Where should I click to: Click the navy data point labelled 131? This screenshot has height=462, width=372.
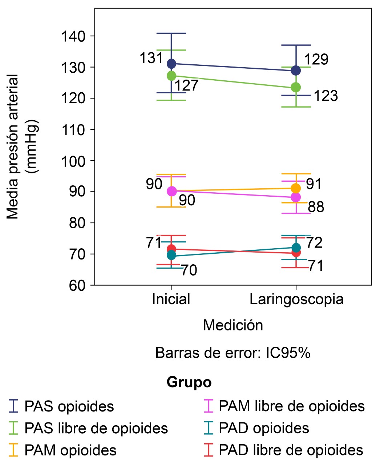pos(171,64)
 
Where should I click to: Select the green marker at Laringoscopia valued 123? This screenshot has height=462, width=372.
pos(296,87)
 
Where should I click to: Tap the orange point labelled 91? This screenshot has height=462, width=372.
pos(296,188)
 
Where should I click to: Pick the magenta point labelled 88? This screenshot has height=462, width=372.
pos(296,197)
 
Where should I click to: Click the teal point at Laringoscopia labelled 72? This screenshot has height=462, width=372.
pos(296,248)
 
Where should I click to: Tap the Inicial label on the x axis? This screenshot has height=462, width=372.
pos(171,299)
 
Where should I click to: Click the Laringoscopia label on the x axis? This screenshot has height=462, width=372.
pos(296,299)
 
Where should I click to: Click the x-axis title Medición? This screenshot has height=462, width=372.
pos(233,325)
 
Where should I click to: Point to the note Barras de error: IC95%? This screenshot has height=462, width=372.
pos(233,353)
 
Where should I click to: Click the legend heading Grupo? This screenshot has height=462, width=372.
pos(189,382)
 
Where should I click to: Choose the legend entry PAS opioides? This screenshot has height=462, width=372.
pos(69,406)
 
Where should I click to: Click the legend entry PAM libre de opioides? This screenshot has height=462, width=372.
pos(291,406)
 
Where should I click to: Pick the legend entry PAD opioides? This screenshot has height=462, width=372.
pos(264,428)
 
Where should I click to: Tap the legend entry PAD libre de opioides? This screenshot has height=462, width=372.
pos(291,450)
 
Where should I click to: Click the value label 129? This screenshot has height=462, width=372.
pos(316,60)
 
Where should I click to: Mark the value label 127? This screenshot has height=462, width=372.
pos(187,86)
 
